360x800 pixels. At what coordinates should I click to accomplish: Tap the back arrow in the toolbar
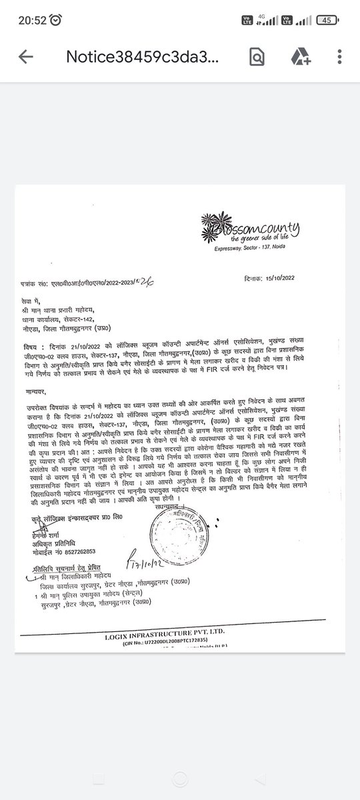point(26,57)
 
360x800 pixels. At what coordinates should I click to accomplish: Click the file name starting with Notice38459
point(141,57)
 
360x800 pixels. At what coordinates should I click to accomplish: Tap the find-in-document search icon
point(257,57)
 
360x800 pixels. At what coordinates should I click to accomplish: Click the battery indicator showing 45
point(327,20)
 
